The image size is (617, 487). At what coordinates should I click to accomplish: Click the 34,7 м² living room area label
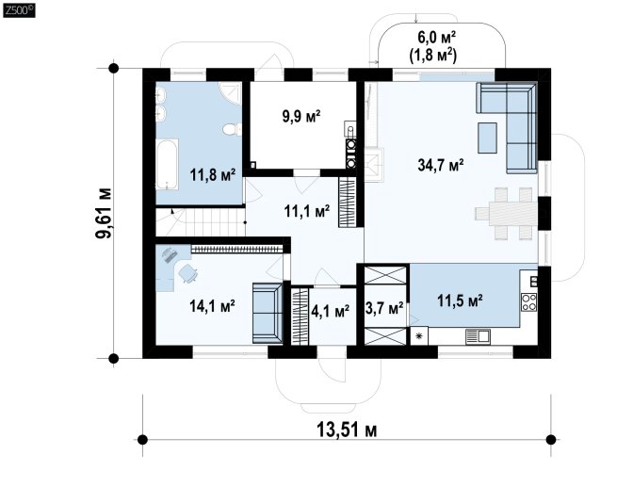point(440,165)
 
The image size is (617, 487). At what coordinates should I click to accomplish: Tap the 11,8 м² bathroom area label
point(213,174)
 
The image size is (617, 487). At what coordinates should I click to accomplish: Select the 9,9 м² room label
point(301,116)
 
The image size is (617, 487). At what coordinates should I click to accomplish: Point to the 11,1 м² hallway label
point(307,211)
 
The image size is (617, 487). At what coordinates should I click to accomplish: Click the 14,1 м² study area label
point(213,305)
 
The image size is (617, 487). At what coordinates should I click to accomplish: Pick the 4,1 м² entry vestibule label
point(330,311)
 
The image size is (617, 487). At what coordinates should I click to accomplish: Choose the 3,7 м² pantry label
point(384,308)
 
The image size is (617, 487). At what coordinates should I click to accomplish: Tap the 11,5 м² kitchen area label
point(460,300)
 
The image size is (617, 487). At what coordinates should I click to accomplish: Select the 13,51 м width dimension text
point(347,430)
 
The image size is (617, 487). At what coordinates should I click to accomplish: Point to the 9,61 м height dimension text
point(104,214)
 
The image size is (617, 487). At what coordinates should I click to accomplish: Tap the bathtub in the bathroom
point(168,164)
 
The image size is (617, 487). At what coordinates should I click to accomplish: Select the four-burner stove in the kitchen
point(528,302)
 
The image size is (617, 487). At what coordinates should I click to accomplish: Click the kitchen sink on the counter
point(479,336)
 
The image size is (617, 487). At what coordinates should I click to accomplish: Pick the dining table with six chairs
point(507,214)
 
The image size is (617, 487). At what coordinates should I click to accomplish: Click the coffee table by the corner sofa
point(488,138)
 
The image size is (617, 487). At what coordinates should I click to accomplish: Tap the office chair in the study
point(188,272)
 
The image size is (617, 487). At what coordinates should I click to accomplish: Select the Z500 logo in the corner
point(19,10)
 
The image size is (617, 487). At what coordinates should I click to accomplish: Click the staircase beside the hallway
point(201,221)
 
